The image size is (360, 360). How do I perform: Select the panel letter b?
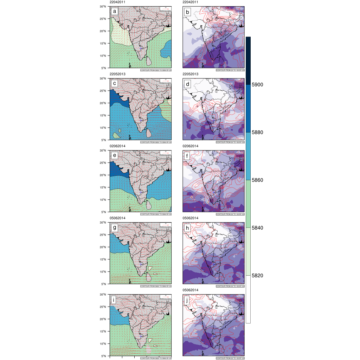pyautogui.click(x=188, y=12)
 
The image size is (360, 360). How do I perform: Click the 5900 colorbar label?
pyautogui.click(x=258, y=85)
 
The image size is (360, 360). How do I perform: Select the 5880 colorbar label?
pyautogui.click(x=258, y=133)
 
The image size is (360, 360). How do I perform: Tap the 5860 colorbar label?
pyautogui.click(x=258, y=180)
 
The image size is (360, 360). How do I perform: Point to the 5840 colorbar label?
pyautogui.click(x=258, y=228)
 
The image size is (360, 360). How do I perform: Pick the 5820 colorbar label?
pyautogui.click(x=258, y=275)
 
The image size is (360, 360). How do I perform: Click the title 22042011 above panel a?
pyautogui.click(x=117, y=2)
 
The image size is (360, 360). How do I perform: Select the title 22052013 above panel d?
pyautogui.click(x=191, y=74)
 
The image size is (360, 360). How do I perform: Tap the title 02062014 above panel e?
pyautogui.click(x=117, y=146)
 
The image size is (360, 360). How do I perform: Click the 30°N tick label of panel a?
pyautogui.click(x=104, y=7)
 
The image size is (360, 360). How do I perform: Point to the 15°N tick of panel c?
pyautogui.click(x=104, y=115)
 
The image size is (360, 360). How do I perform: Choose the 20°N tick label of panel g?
pyautogui.click(x=104, y=247)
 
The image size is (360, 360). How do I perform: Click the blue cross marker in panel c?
pyautogui.click(x=141, y=120)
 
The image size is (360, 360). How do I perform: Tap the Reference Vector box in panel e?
pyautogui.click(x=165, y=153)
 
